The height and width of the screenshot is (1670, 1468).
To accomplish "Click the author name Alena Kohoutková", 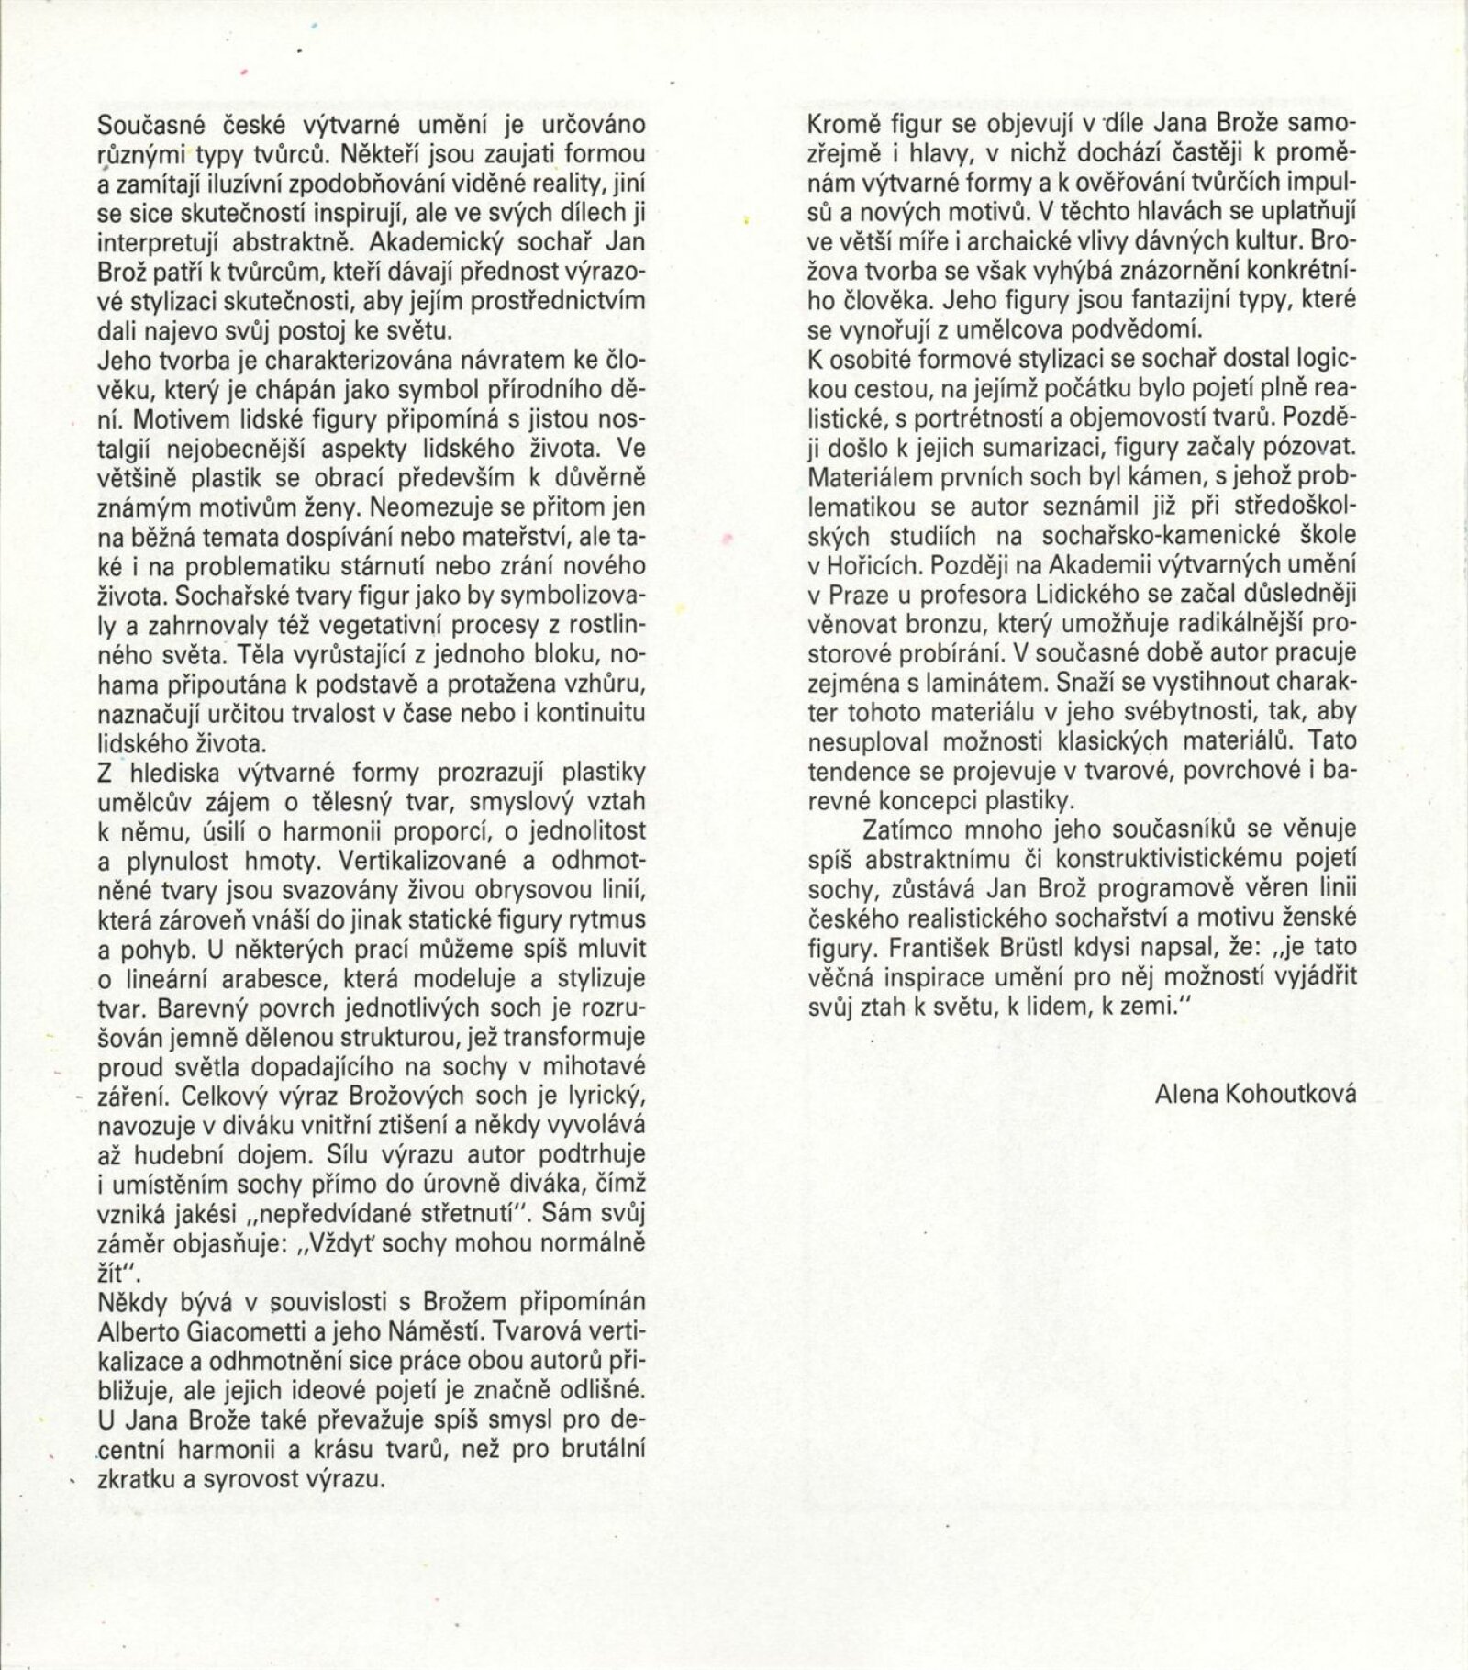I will pos(1255,1094).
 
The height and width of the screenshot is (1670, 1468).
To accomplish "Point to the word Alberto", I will pos(140,1331).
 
